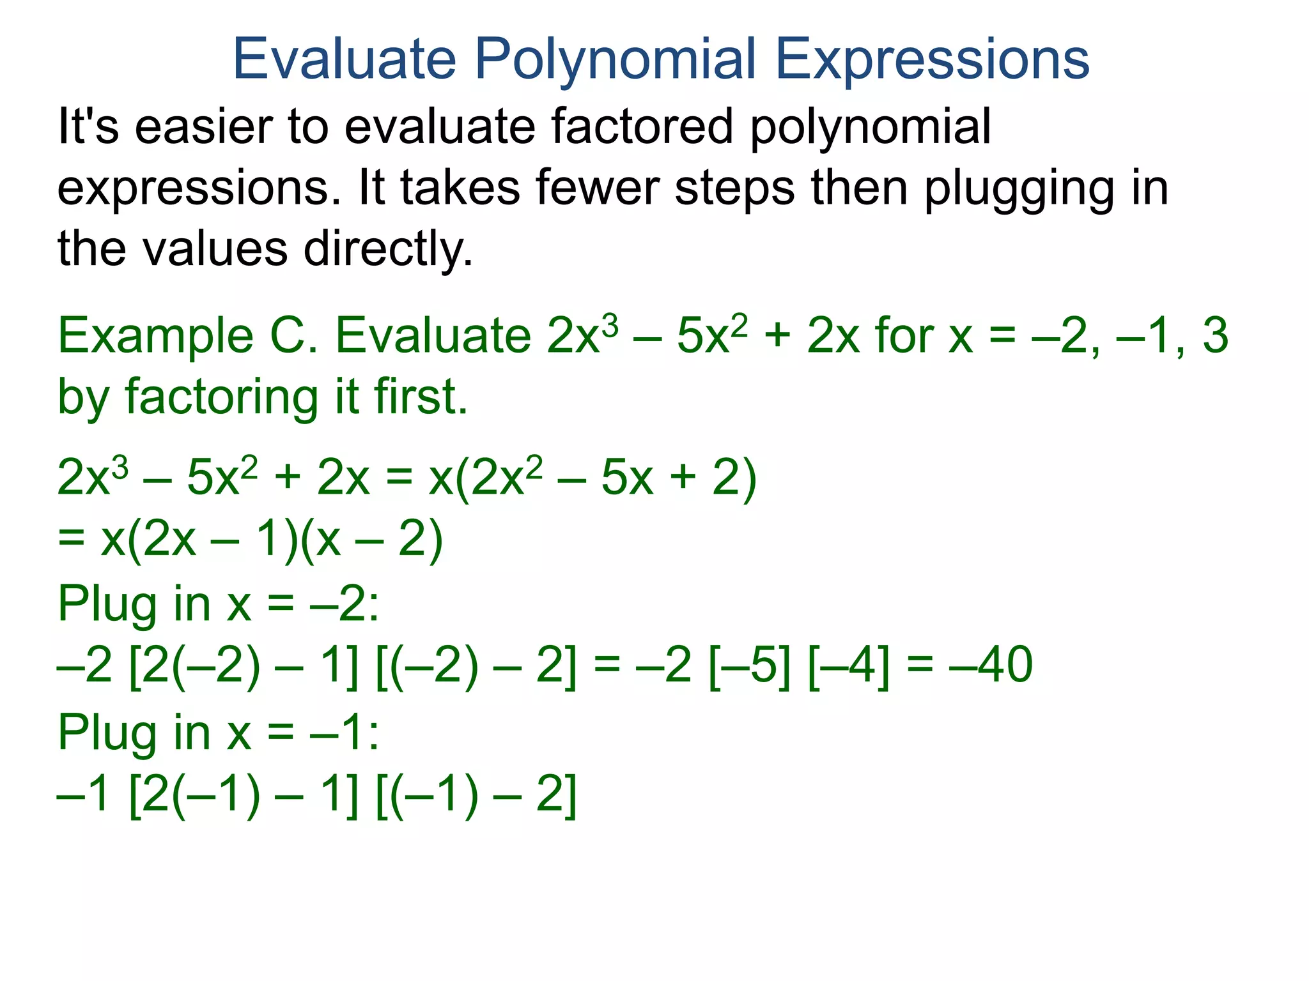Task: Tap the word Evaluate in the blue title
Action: point(345,59)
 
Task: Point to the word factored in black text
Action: point(641,126)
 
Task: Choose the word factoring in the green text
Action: point(221,398)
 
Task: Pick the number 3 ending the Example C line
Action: point(1215,336)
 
